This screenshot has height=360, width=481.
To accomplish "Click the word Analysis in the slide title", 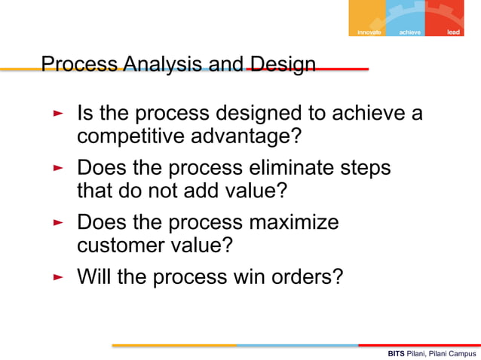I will point(161,65).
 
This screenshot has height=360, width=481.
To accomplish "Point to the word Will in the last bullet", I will point(94,277).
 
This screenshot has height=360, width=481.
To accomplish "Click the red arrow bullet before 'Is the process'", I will point(58,114).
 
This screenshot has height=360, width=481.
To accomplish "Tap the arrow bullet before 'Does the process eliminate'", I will point(58,167).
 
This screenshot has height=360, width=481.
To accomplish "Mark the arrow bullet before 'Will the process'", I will point(58,277).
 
